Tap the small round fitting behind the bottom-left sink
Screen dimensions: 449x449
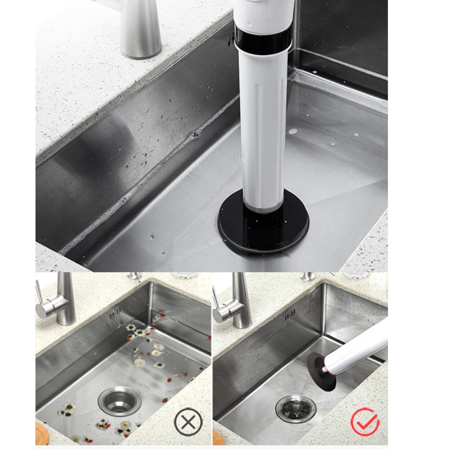point(133,276)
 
